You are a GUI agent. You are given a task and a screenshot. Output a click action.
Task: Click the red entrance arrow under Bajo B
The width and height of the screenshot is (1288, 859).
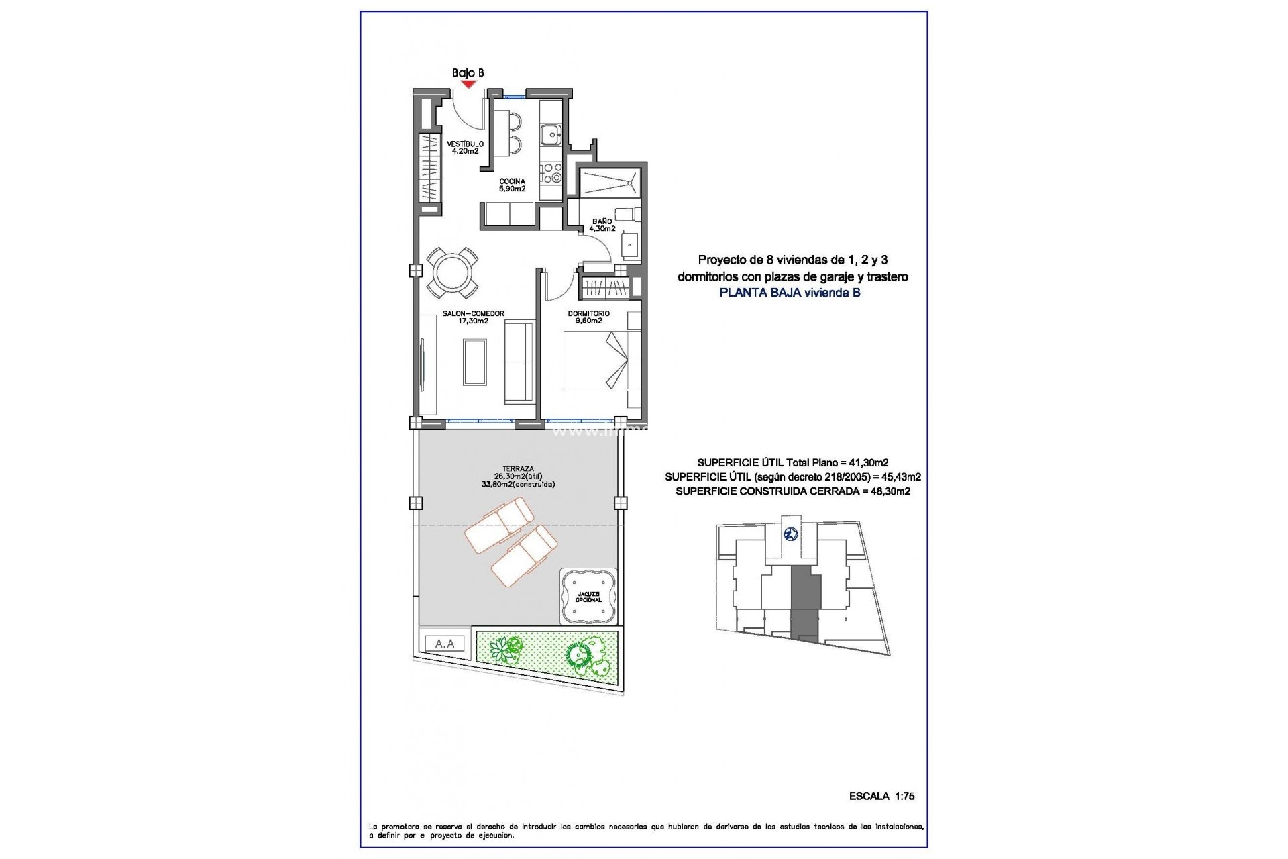click(x=468, y=84)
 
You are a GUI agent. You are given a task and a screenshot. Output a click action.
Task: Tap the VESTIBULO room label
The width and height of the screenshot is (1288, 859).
click(x=465, y=147)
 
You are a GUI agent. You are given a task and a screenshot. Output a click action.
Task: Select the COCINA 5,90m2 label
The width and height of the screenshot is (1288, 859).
click(x=512, y=185)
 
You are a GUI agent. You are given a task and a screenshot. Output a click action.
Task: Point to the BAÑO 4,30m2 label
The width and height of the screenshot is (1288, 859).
click(x=602, y=224)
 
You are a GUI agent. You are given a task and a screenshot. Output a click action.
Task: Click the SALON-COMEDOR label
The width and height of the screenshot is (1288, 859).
click(x=473, y=317)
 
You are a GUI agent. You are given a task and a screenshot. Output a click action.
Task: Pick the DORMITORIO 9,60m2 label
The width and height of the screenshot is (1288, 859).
click(x=588, y=317)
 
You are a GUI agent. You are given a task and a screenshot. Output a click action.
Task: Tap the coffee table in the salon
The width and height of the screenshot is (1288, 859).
click(x=475, y=361)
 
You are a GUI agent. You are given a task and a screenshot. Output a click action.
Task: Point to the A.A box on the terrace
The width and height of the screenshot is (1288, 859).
click(x=445, y=644)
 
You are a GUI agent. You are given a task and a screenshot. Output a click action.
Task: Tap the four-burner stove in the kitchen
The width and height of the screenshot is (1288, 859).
click(x=551, y=172)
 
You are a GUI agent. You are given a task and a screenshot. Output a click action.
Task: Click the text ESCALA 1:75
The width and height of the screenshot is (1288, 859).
click(x=881, y=796)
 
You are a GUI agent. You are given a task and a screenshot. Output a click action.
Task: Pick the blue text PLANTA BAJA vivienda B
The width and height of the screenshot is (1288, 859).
click(x=790, y=293)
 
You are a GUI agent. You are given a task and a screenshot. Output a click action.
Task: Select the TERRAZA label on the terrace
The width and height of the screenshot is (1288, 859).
click(x=518, y=469)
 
